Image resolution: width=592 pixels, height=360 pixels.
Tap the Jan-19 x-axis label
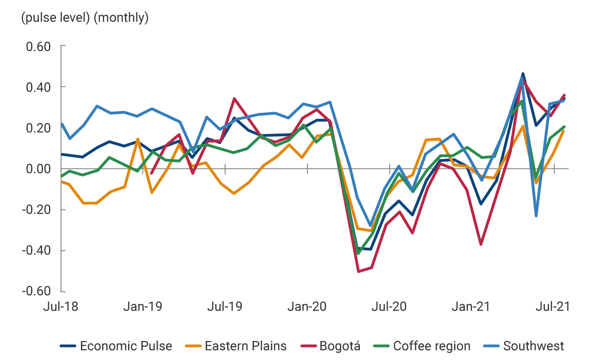(x=143, y=306)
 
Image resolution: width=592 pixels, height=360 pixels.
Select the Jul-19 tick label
(x=225, y=306)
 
